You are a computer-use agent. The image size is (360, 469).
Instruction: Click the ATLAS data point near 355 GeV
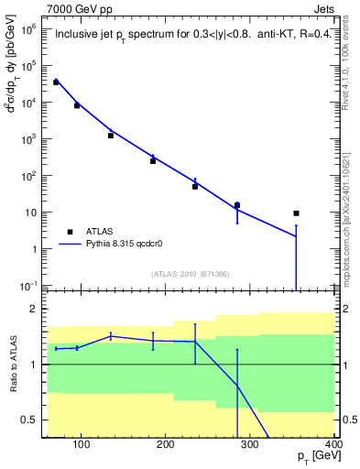296,213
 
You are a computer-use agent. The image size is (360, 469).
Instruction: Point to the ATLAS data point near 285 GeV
237,205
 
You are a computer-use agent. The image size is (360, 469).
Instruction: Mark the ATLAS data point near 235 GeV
195,186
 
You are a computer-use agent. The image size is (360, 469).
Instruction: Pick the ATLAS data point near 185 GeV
153,161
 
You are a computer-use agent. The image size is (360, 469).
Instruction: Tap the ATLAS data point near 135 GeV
111,136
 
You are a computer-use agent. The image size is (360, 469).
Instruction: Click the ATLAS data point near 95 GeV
77,105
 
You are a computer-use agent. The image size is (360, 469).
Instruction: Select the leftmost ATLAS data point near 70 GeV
56,82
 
